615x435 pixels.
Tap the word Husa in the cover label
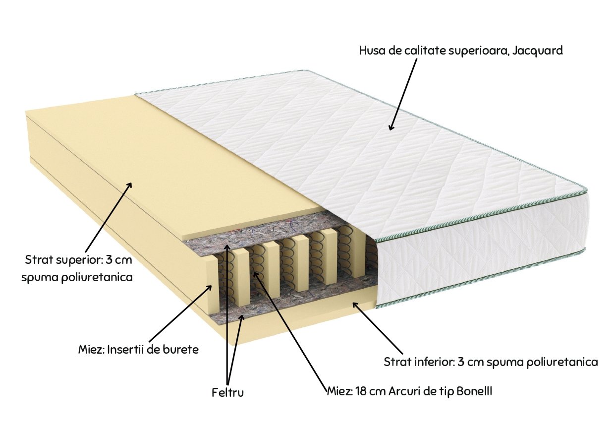372,51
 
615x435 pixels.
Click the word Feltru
227,393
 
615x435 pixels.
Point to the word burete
181,349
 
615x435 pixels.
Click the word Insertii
126,349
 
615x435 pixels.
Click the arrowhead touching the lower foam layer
354,303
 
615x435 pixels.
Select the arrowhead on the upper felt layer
226,246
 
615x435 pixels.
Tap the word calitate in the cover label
423,51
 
